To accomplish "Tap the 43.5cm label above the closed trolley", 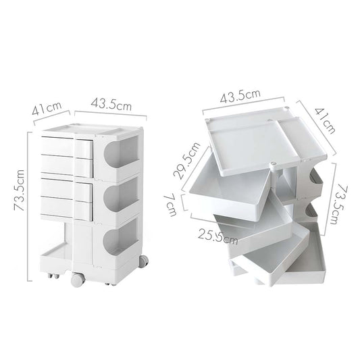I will coord(110,105).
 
